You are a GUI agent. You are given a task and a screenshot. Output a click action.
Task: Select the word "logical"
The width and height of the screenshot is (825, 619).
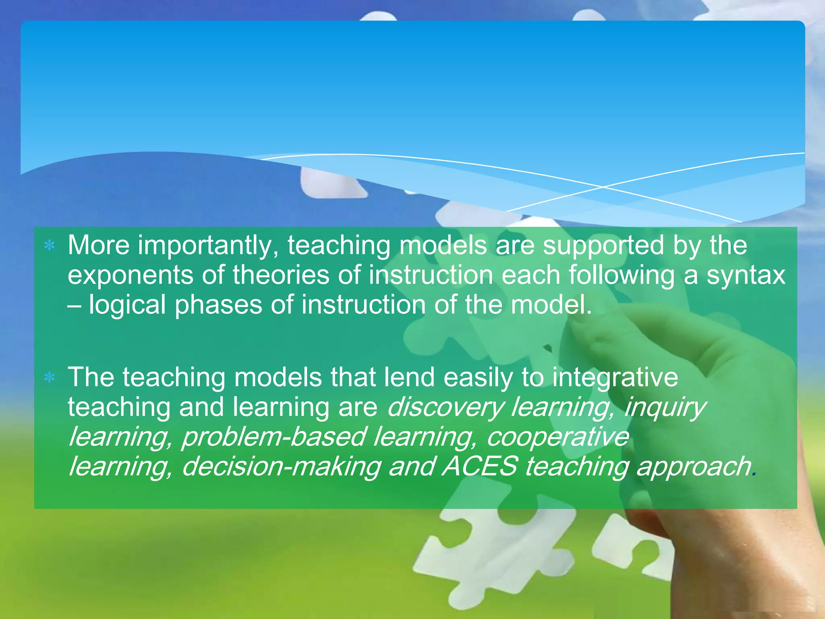point(127,305)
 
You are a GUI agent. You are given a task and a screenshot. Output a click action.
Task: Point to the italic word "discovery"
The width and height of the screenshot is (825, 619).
point(445,407)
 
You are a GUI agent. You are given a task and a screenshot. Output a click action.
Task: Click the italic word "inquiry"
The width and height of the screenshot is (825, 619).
point(665,407)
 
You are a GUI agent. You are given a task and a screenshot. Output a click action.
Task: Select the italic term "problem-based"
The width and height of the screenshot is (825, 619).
point(274,437)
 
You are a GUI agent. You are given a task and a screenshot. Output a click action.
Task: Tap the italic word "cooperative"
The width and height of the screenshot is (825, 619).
point(558,437)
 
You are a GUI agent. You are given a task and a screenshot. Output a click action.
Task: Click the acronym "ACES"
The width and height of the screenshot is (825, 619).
point(479,466)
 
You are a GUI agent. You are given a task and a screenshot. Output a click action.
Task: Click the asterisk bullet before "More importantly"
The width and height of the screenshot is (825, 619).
point(50,245)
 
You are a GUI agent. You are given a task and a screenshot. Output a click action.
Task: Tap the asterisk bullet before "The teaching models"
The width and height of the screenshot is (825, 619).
point(50,378)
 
